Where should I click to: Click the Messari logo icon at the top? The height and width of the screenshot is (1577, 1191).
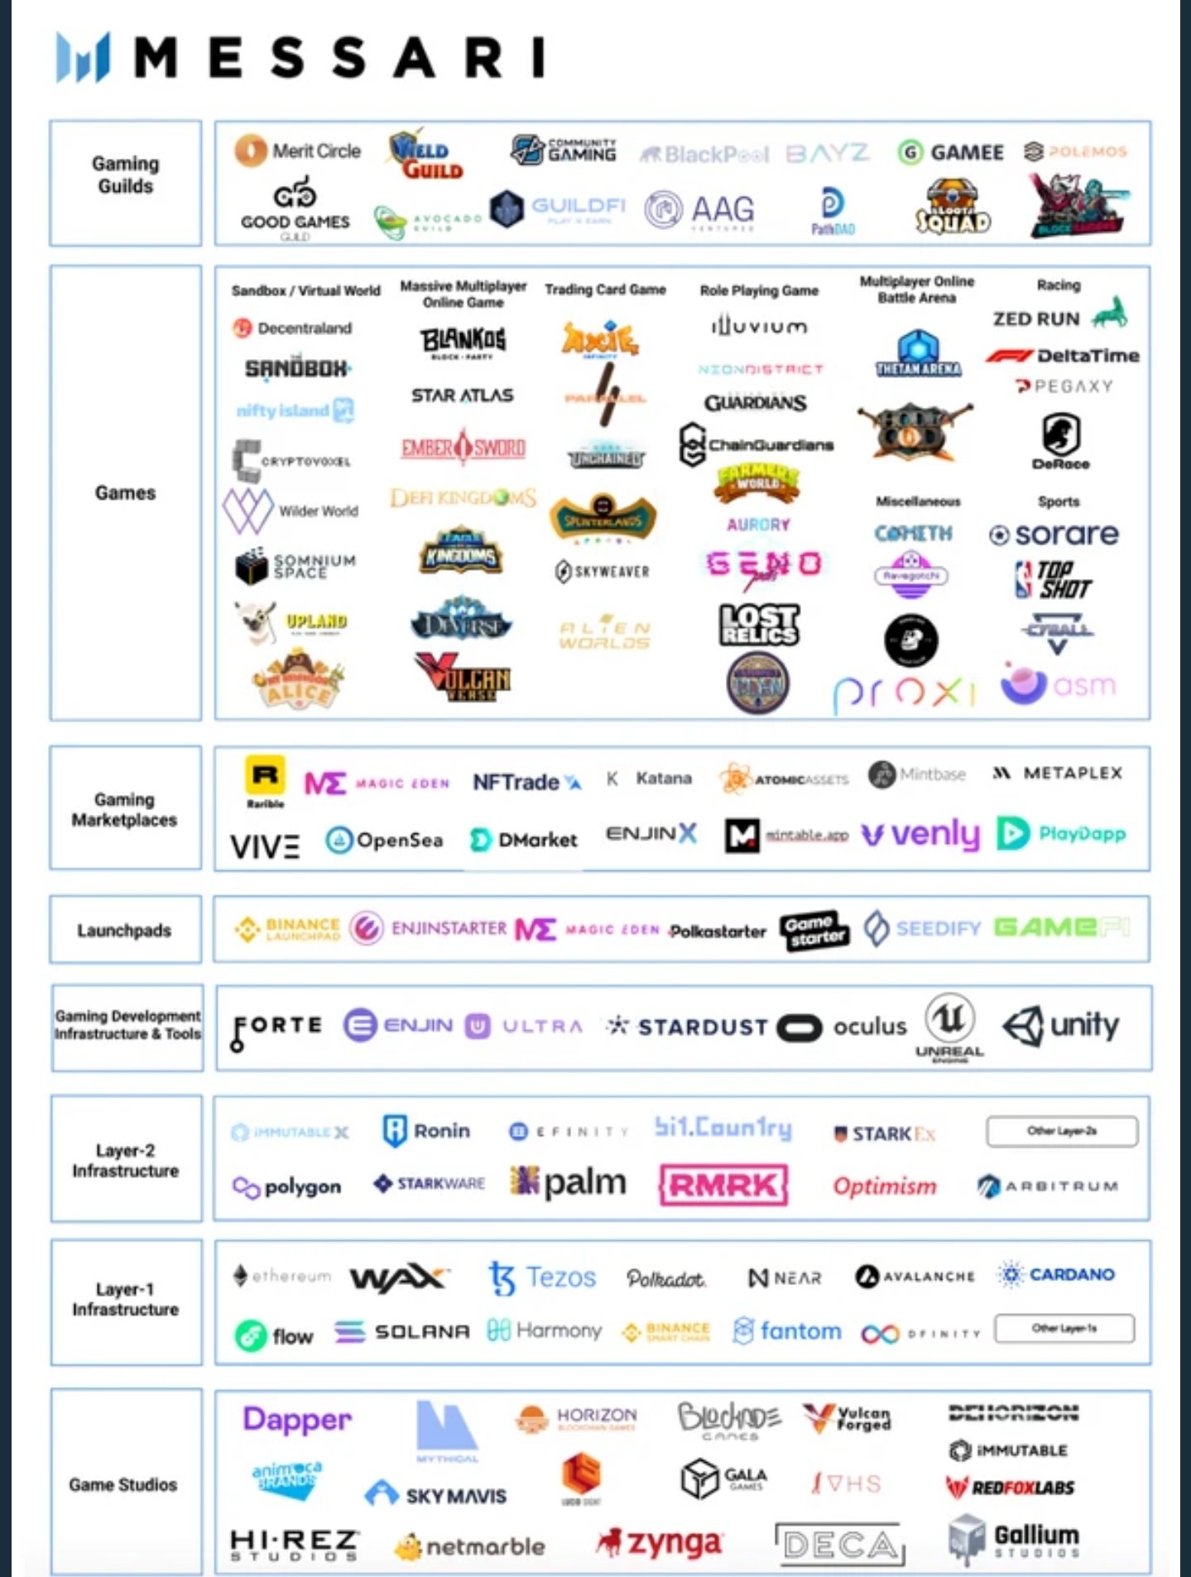coord(83,56)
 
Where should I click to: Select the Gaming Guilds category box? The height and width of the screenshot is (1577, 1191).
coord(125,183)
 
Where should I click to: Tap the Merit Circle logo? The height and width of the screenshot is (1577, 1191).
coord(298,151)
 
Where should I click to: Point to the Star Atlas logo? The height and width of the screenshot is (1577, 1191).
coord(462,395)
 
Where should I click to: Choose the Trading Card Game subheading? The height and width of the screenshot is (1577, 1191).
coord(605,290)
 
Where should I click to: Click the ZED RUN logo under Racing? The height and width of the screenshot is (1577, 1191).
coord(1059,317)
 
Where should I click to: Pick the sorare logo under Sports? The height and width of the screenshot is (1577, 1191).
coord(1054,534)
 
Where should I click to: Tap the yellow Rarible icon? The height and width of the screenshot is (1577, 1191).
coord(265,776)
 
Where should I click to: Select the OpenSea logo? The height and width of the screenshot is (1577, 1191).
coord(384,840)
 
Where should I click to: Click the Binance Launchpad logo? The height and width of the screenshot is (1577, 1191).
coord(287,929)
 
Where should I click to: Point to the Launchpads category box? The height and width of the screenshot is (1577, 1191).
coord(125,930)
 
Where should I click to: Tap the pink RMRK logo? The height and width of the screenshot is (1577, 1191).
coord(723,1186)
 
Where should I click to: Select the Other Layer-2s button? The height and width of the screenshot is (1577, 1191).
coord(1062,1131)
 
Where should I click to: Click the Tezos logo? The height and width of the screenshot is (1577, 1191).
coord(542,1277)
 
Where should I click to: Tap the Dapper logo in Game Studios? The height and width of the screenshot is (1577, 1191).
coord(297,1420)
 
